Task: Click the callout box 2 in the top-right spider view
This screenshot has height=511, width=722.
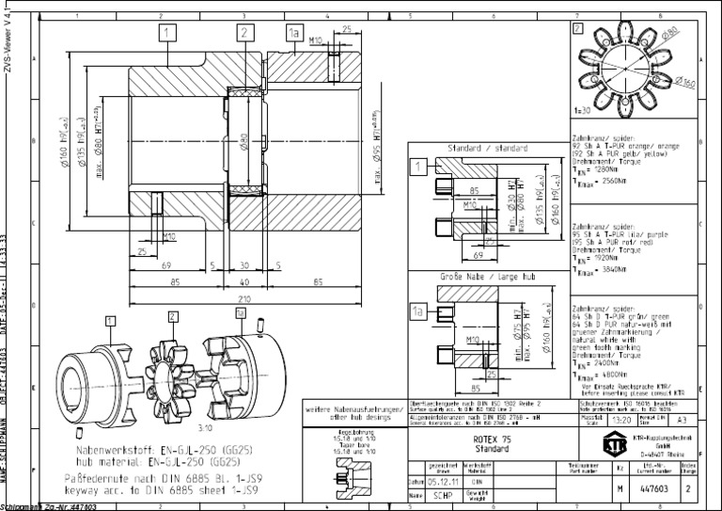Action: (x=578, y=27)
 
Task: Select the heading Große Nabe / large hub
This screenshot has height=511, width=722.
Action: (x=476, y=278)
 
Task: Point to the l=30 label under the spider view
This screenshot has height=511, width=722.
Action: (x=582, y=111)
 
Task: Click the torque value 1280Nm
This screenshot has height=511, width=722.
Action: (x=601, y=168)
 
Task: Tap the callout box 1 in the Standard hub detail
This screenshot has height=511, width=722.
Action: (x=419, y=168)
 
